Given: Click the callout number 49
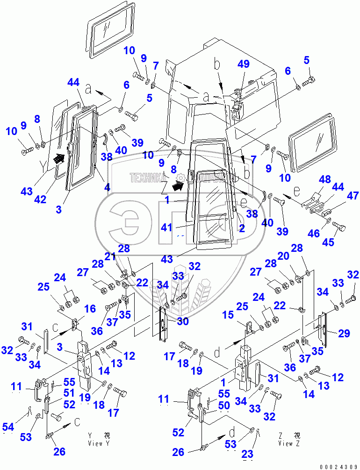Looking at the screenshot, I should pyautogui.click(x=243, y=65).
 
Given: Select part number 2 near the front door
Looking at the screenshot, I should pyautogui.click(x=242, y=228).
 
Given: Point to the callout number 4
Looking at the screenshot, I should pyautogui.click(x=108, y=187).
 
